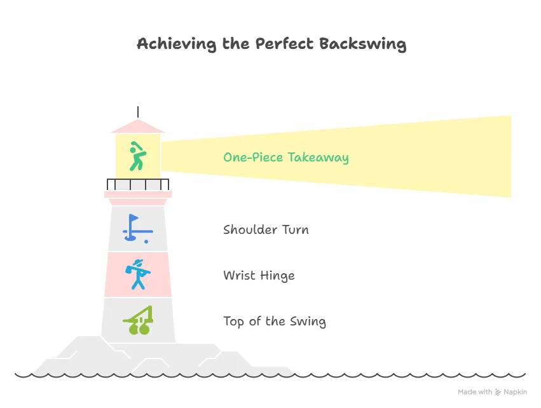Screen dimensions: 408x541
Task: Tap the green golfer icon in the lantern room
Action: pos(136,156)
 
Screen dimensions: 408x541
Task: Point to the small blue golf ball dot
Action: pos(146,241)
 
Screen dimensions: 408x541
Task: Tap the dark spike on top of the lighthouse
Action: pos(139,109)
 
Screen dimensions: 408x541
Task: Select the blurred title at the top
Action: pos(270,46)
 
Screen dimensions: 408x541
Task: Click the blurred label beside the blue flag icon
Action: pos(264,230)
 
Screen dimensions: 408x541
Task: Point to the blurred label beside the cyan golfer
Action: pos(257,276)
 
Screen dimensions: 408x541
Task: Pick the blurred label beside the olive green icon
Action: pos(274,323)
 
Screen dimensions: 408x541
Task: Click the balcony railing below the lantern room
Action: pos(139,184)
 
